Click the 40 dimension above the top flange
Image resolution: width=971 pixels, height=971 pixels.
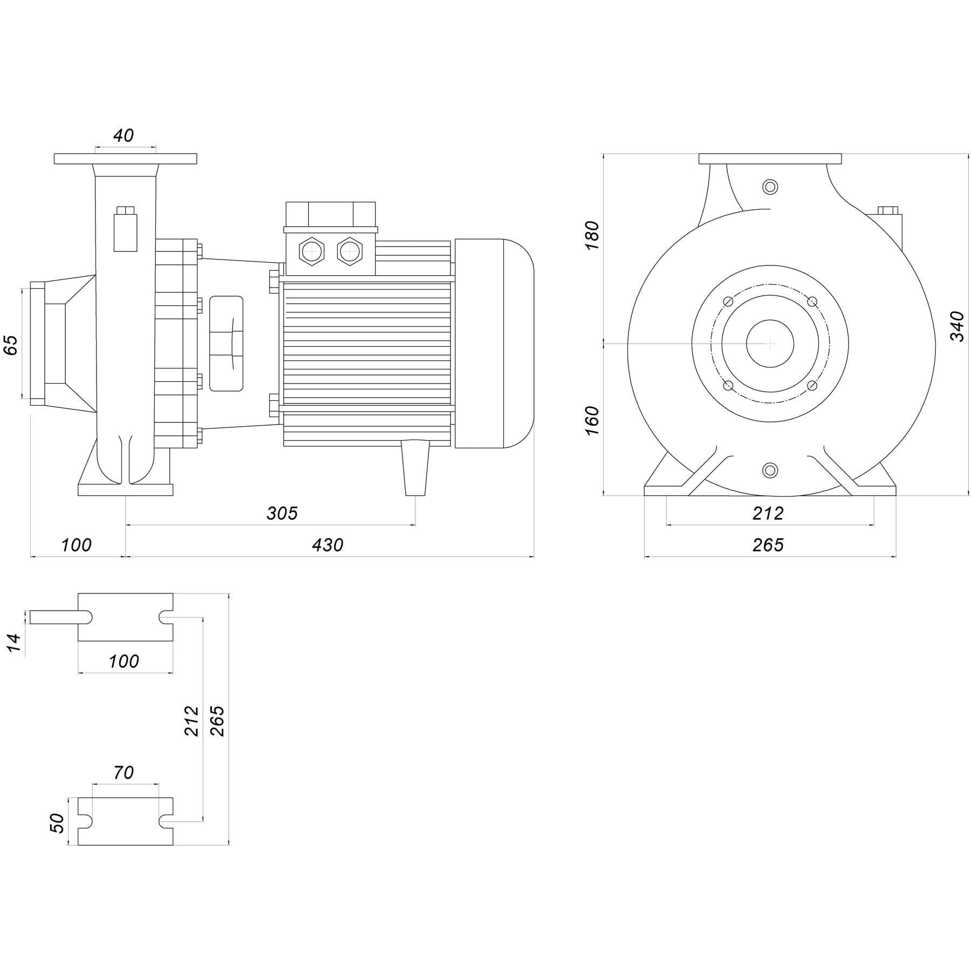tap(124, 135)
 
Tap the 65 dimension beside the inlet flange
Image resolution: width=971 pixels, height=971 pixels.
tap(11, 345)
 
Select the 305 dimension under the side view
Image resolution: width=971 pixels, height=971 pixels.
tap(282, 513)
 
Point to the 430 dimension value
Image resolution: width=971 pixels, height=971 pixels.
tap(327, 545)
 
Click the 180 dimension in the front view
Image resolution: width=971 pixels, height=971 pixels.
tap(592, 235)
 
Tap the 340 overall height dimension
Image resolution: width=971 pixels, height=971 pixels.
tap(956, 326)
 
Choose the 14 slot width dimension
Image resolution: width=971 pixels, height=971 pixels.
tap(14, 643)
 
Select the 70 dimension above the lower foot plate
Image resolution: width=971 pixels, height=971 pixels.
tap(124, 772)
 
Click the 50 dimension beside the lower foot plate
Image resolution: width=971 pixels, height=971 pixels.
tap(57, 823)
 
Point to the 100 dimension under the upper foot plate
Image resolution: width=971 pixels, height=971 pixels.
tap(124, 661)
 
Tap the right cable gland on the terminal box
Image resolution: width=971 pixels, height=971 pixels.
tap(350, 251)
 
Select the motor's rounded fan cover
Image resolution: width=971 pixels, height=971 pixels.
tap(494, 343)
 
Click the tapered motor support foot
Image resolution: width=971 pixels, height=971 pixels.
tap(416, 467)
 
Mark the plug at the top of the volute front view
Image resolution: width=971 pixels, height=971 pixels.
tap(770, 187)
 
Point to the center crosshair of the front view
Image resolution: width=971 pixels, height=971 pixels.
tap(770, 343)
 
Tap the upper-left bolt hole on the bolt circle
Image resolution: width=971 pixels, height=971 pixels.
tap(728, 301)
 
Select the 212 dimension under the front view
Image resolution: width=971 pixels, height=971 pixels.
tap(768, 513)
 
